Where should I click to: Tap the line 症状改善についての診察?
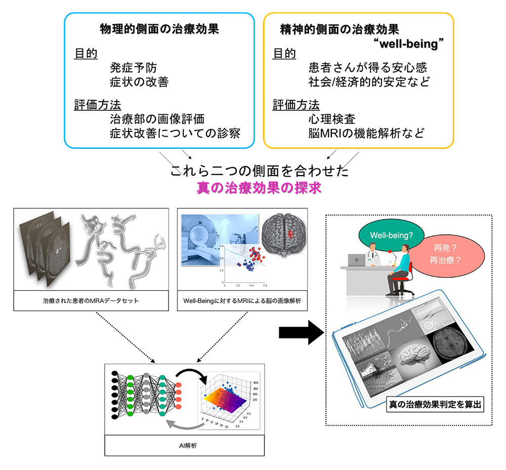[x=175, y=133]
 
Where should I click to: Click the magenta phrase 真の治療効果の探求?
[x=259, y=188]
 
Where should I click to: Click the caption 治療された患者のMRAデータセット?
[x=92, y=301]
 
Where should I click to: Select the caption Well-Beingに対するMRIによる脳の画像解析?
[x=241, y=301]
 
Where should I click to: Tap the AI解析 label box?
[x=184, y=445]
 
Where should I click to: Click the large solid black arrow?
[x=301, y=332]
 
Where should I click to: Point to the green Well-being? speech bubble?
[x=386, y=236]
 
